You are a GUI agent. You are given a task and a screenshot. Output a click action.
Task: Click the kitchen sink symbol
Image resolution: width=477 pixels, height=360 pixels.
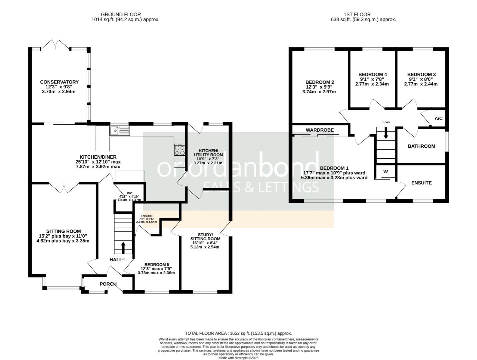pyautogui.click(x=120, y=131)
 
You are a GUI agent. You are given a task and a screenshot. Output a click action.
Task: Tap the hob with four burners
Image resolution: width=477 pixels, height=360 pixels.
pyautogui.click(x=180, y=150)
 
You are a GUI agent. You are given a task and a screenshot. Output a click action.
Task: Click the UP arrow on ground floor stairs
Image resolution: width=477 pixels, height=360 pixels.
pyautogui.click(x=123, y=248)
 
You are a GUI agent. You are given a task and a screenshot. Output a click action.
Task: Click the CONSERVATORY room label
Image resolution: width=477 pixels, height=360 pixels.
pyautogui.click(x=59, y=82)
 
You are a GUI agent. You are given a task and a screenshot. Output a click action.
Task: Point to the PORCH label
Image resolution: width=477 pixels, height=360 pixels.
pyautogui.click(x=108, y=284)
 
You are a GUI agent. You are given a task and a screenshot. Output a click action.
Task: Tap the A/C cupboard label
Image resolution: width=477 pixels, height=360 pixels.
pyautogui.click(x=439, y=118)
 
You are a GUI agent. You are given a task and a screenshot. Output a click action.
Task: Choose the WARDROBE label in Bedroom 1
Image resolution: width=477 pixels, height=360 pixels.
pyautogui.click(x=320, y=130)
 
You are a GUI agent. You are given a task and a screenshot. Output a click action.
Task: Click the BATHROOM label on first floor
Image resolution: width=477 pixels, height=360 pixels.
pyautogui.click(x=421, y=146)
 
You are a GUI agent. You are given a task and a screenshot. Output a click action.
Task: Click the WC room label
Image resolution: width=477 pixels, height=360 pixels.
pyautogui.click(x=130, y=193)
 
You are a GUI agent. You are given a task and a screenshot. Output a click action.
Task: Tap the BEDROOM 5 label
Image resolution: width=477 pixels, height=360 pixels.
pyautogui.click(x=157, y=264)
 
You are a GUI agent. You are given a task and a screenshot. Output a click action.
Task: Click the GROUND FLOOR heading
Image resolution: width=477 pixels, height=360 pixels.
pyautogui.click(x=121, y=14)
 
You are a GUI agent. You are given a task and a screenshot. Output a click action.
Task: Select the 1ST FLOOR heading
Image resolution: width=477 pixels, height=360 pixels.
pyautogui.click(x=357, y=14)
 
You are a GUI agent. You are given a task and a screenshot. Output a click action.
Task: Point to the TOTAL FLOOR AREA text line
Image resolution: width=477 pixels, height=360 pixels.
pyautogui.click(x=238, y=333)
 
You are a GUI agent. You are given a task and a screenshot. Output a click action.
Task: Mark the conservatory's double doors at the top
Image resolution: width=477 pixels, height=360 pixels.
pyautogui.click(x=56, y=45)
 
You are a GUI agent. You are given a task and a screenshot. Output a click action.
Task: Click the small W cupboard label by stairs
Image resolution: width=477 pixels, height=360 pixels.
pyautogui.click(x=385, y=172)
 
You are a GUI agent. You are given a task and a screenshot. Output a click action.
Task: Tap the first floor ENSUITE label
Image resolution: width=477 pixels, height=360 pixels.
pyautogui.click(x=421, y=183)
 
